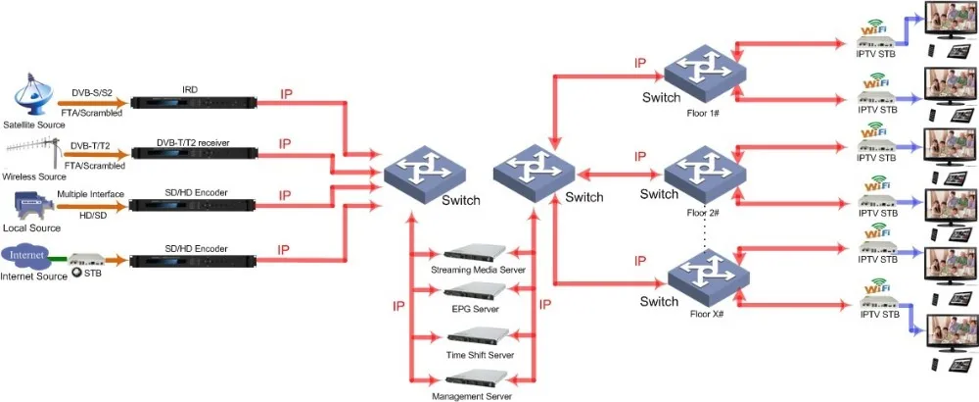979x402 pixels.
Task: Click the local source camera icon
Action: pos(29,204)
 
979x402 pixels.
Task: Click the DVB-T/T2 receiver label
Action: pos(193,142)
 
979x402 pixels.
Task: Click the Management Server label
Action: pos(471,395)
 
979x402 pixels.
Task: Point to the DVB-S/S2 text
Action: pos(92,92)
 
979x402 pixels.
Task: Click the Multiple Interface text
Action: pos(90,194)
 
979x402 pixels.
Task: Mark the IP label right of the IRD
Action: pos(286,94)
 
